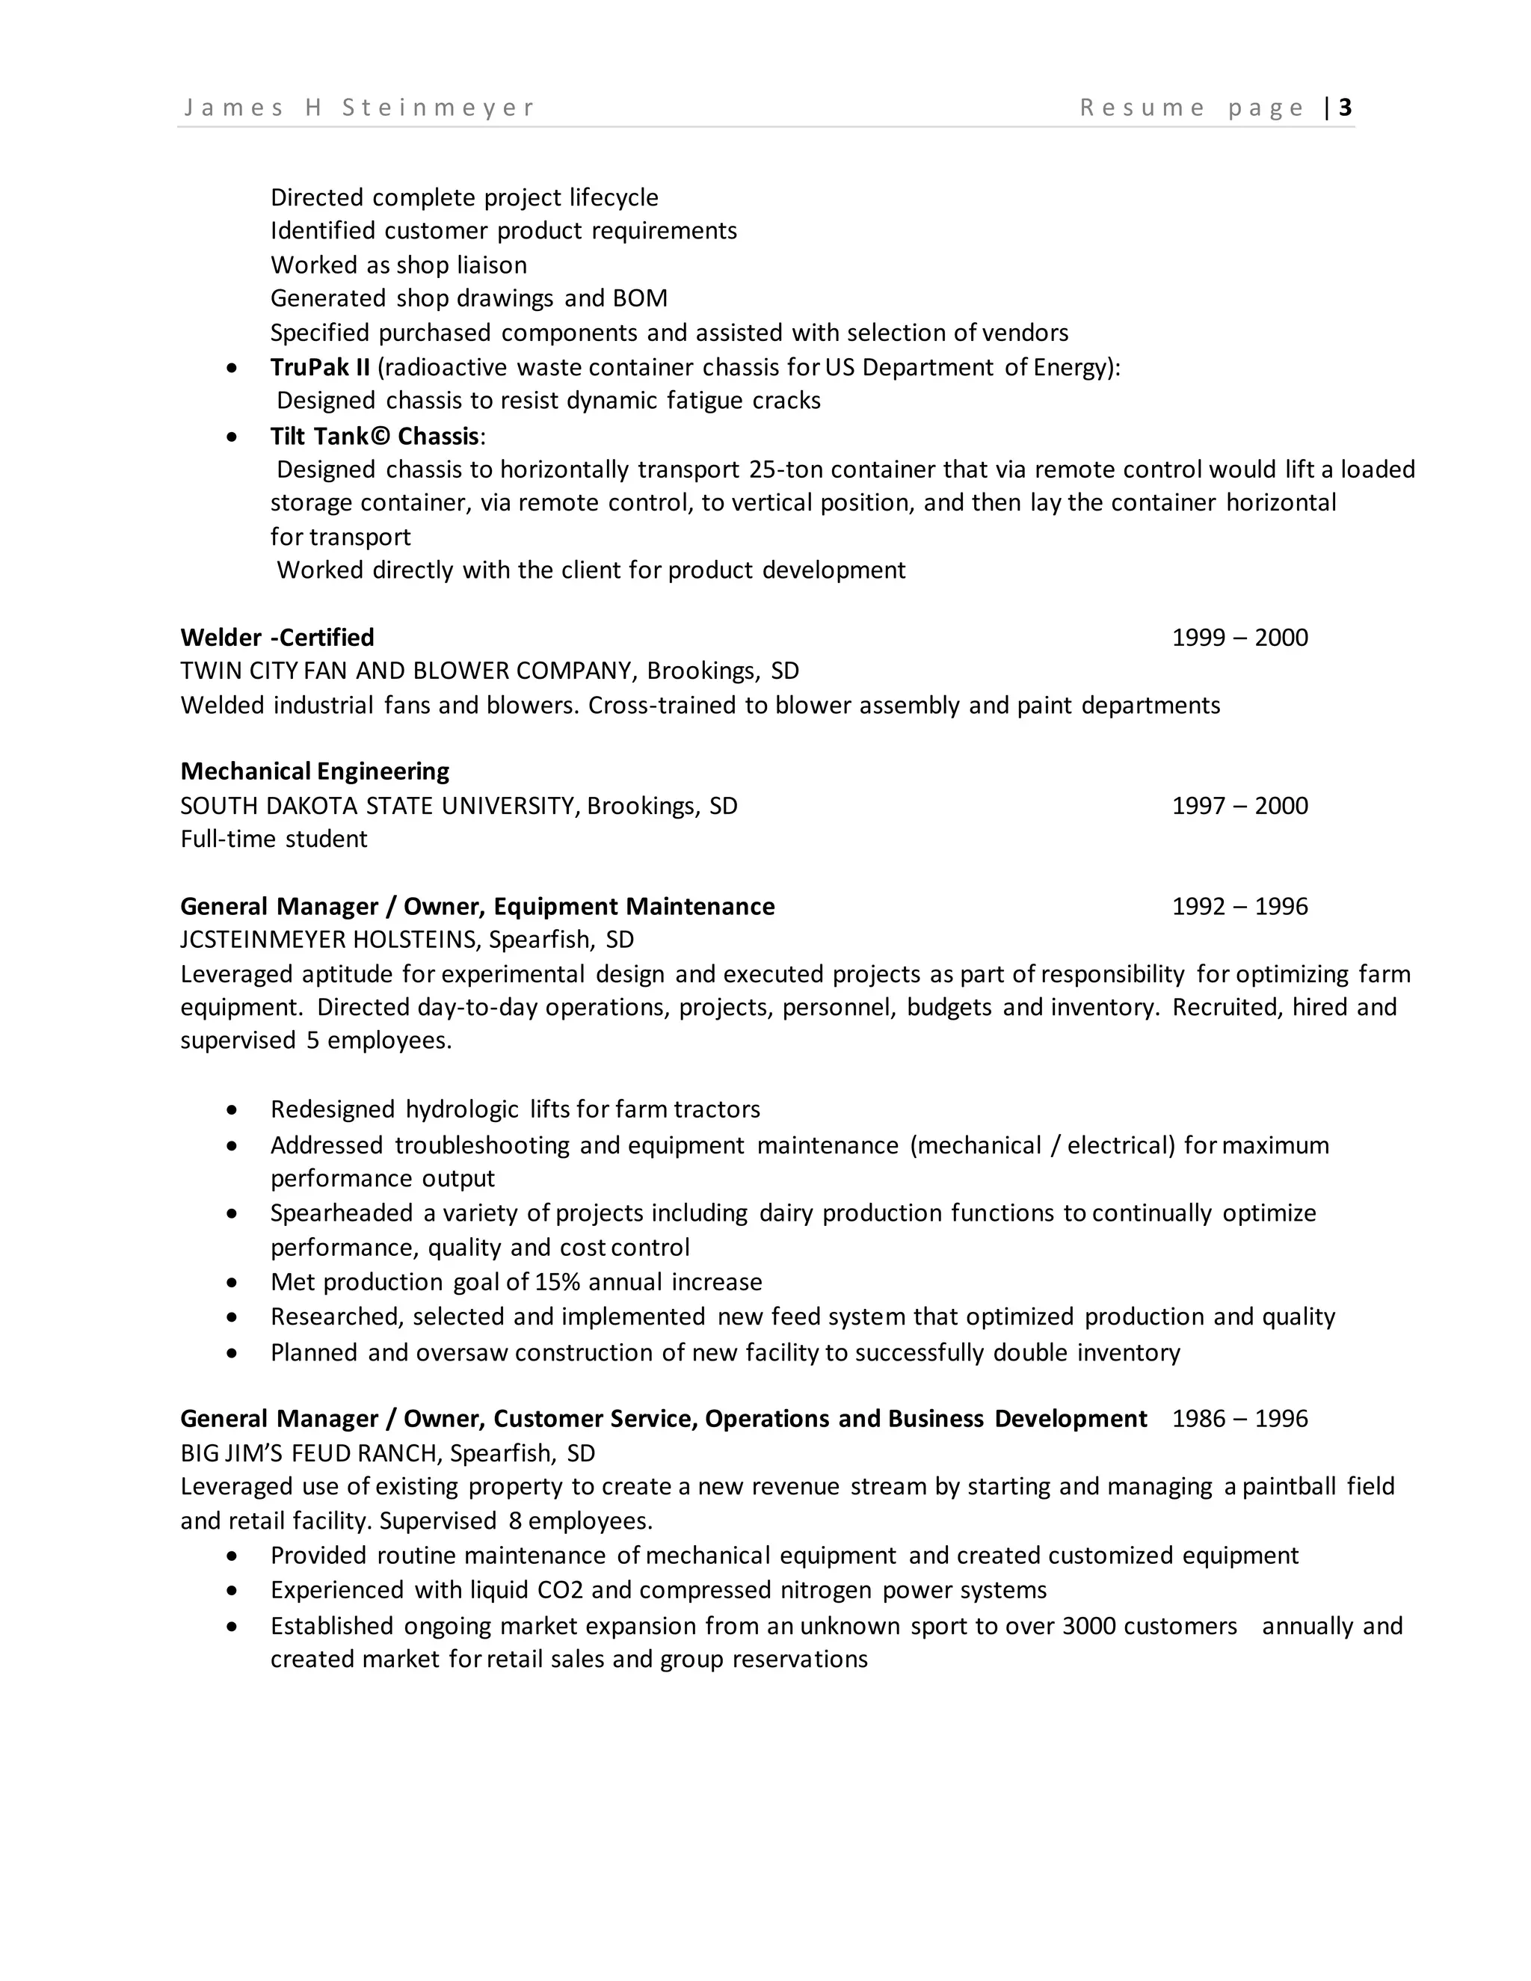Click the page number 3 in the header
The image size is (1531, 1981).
[1345, 108]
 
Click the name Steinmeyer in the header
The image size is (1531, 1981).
[438, 108]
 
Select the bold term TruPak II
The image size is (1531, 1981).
[319, 367]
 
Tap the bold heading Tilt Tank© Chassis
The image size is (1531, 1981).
[375, 437]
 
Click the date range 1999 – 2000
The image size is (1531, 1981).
[1239, 638]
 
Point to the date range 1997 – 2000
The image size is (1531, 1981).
[1239, 805]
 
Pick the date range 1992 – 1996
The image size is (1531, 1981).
[1239, 906]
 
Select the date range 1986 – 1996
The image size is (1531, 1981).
[1239, 1419]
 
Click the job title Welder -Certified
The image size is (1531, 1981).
[277, 638]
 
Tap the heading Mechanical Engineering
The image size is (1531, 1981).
[315, 771]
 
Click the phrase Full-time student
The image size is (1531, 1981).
[274, 839]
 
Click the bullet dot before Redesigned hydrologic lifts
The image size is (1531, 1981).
[233, 1110]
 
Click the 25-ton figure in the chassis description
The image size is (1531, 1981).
[786, 470]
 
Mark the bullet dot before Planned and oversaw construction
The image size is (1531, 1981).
[233, 1353]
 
